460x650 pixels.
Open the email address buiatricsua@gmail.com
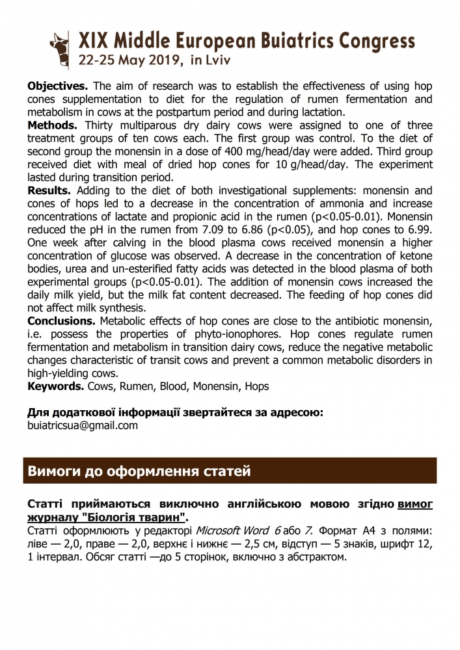tap(83, 425)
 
